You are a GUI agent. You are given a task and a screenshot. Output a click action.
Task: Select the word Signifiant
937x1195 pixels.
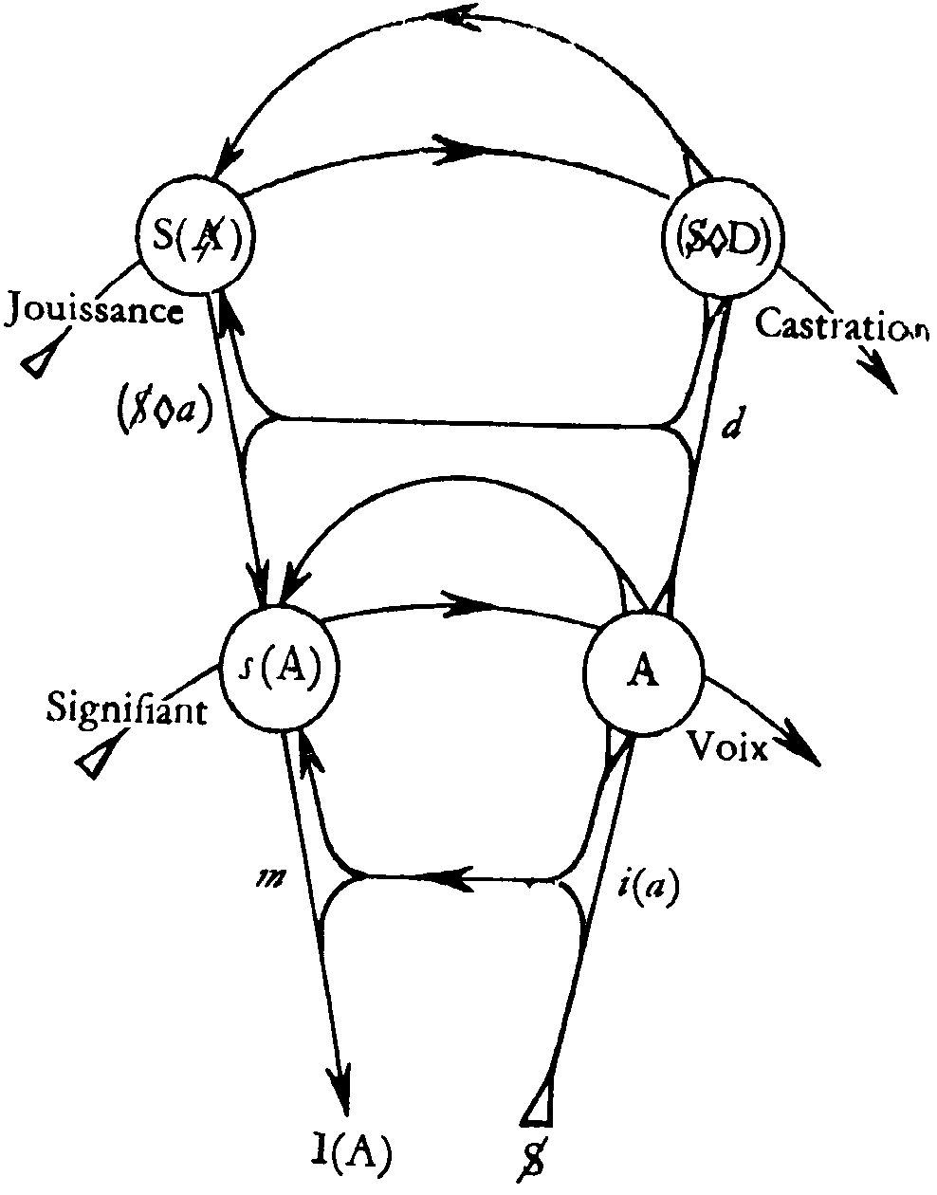point(126,708)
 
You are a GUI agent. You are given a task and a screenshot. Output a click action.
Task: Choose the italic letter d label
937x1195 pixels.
point(730,429)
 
